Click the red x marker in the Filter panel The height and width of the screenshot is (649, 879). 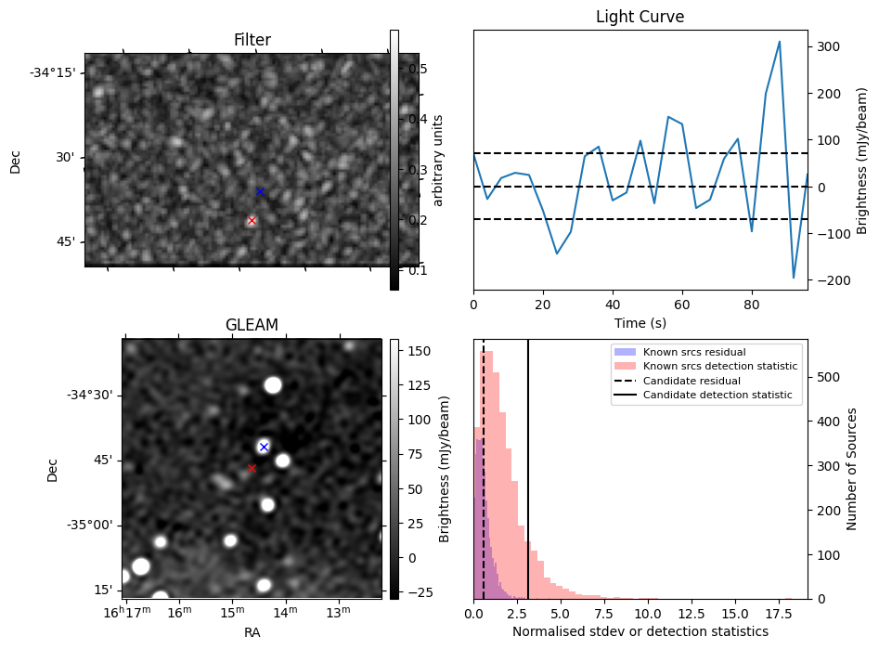(252, 220)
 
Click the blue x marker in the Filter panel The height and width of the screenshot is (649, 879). (260, 191)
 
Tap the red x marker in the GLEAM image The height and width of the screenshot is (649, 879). (252, 469)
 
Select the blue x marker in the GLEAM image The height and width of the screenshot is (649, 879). (264, 447)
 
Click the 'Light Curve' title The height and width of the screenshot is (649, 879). (640, 17)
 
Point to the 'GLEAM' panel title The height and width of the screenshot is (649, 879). (252, 325)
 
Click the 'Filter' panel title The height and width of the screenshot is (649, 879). (252, 40)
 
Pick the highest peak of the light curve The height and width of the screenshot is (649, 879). (780, 42)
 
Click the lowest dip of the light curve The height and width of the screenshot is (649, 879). (794, 278)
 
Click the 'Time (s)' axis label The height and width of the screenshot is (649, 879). (640, 323)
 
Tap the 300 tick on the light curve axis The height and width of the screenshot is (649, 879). (828, 46)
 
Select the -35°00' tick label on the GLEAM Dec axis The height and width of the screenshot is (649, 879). (89, 525)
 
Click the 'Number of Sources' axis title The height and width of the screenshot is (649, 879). (852, 469)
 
